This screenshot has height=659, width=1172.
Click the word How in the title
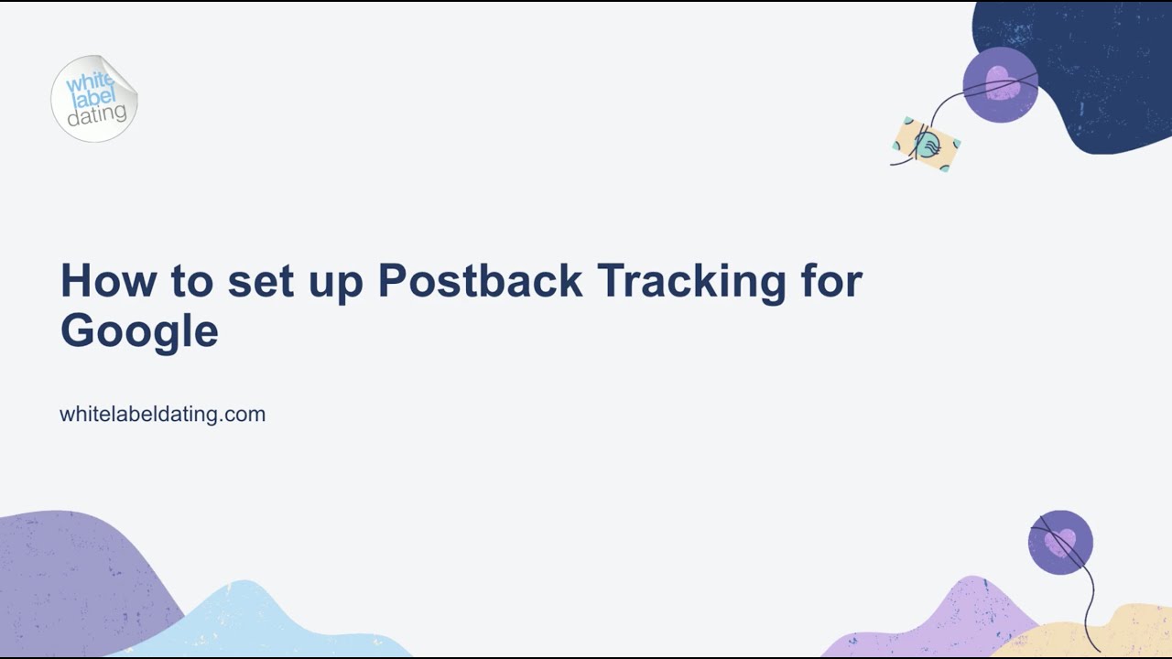(107, 281)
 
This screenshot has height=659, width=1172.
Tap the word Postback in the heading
(480, 281)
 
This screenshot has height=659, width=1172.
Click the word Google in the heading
(139, 331)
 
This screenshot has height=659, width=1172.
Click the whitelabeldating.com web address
(162, 414)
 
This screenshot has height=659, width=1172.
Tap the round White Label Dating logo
(94, 99)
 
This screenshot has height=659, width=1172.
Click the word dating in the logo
(97, 114)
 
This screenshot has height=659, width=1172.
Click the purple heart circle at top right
(1000, 84)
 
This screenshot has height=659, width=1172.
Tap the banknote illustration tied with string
(927, 145)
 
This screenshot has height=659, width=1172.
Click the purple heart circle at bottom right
(1060, 542)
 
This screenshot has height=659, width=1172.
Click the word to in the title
(191, 281)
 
